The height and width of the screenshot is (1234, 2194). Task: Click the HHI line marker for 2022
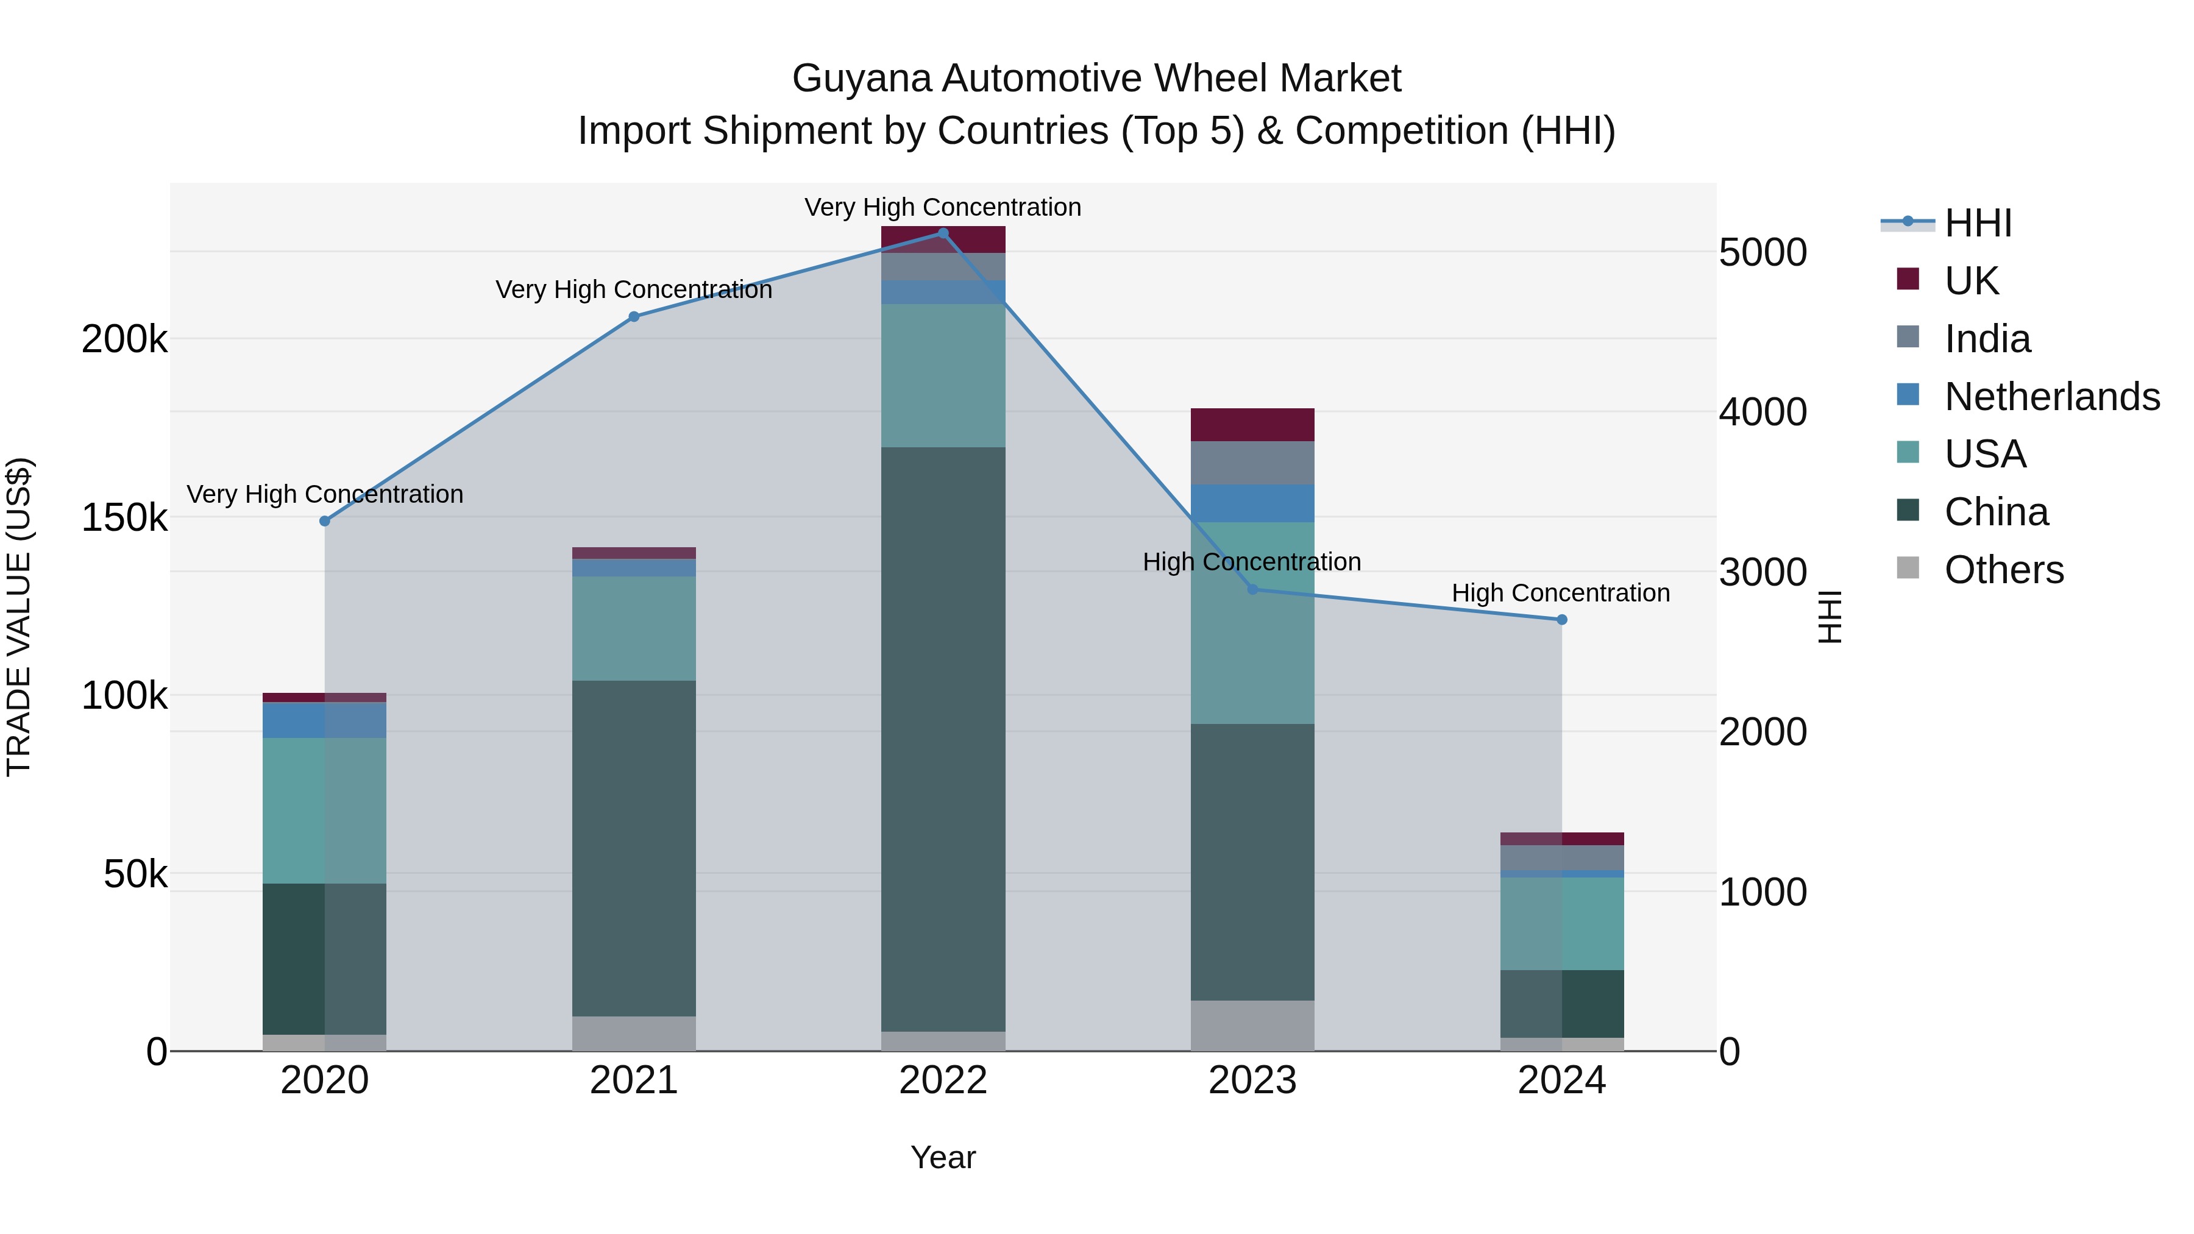pos(943,233)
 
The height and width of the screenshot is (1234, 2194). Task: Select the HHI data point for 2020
pos(324,521)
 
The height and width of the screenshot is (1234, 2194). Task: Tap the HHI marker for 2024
pos(1561,620)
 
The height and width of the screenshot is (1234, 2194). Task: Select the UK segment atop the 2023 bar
pos(1252,425)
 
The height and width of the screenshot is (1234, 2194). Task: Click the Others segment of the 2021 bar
pos(634,1033)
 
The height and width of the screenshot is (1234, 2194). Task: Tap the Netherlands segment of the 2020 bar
pos(324,720)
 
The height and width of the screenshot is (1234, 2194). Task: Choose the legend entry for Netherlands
pos(2051,397)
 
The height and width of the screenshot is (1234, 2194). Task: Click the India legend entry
pos(1987,339)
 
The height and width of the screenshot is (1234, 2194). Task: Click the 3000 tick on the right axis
pos(1762,572)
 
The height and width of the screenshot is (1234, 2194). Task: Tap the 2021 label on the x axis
pos(634,1080)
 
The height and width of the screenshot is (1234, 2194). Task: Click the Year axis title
pos(943,1157)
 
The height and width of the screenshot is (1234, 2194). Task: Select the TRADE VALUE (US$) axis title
pos(19,617)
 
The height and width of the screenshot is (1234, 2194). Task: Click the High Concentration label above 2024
pos(1560,593)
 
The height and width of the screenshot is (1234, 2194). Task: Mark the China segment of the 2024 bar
pos(1561,1003)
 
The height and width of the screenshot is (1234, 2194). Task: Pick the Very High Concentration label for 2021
pos(634,289)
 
